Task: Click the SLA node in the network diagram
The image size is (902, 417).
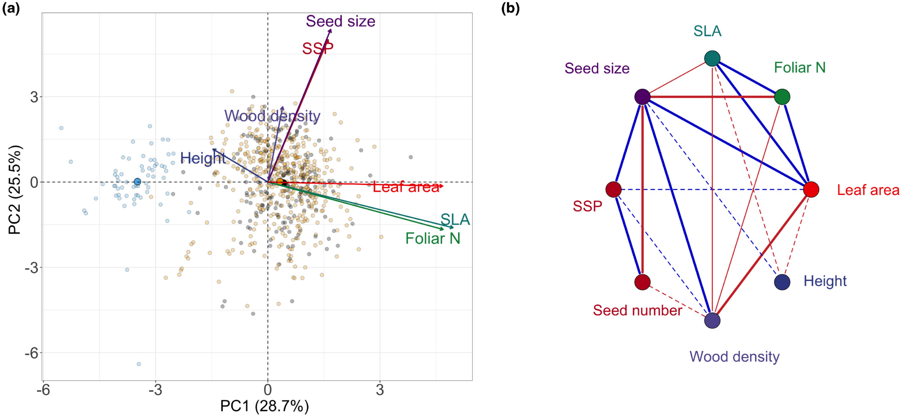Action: pyautogui.click(x=712, y=58)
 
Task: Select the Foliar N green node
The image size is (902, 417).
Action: pyautogui.click(x=782, y=97)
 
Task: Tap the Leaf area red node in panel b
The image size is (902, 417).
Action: pyautogui.click(x=811, y=189)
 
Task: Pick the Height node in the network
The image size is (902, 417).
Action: pyautogui.click(x=782, y=282)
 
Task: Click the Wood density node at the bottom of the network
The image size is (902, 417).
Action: pyautogui.click(x=712, y=320)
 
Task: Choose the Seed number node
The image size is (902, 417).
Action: pyautogui.click(x=642, y=282)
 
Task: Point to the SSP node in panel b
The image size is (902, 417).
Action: pyautogui.click(x=613, y=189)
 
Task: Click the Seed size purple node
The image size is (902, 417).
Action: pyautogui.click(x=643, y=97)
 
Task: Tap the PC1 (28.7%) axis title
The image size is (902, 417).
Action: pyautogui.click(x=264, y=406)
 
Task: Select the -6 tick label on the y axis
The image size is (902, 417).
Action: pyautogui.click(x=31, y=353)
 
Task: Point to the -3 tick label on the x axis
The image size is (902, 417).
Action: pyautogui.click(x=155, y=390)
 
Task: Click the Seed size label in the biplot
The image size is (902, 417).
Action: pyautogui.click(x=340, y=21)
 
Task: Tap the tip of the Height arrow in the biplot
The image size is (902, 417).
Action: pyautogui.click(x=214, y=149)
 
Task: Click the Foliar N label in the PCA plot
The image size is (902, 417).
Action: pyautogui.click(x=432, y=238)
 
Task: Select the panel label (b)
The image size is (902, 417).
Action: pyautogui.click(x=510, y=8)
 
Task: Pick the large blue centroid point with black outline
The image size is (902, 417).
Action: pyautogui.click(x=137, y=182)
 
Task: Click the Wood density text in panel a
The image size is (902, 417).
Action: pyautogui.click(x=272, y=116)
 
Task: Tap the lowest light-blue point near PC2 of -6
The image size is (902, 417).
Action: pyautogui.click(x=139, y=364)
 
